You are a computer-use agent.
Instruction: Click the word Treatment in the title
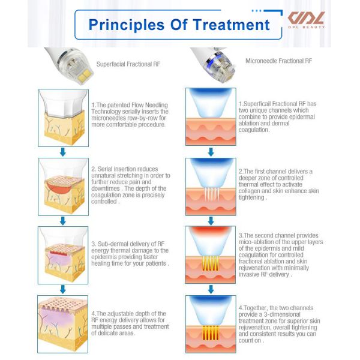coord(231,25)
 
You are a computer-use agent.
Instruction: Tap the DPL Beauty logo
coord(306,20)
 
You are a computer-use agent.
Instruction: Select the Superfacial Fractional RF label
coord(128,64)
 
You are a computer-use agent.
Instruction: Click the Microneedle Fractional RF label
coord(278,61)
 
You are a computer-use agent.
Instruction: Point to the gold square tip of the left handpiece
coord(85,75)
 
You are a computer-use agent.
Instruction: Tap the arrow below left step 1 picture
coord(63,152)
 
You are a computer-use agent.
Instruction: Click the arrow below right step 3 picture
coord(211,289)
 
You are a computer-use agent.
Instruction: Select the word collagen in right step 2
coord(249,191)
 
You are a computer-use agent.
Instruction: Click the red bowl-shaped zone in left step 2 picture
coord(59,187)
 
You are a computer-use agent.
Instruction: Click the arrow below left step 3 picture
coord(63,289)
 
